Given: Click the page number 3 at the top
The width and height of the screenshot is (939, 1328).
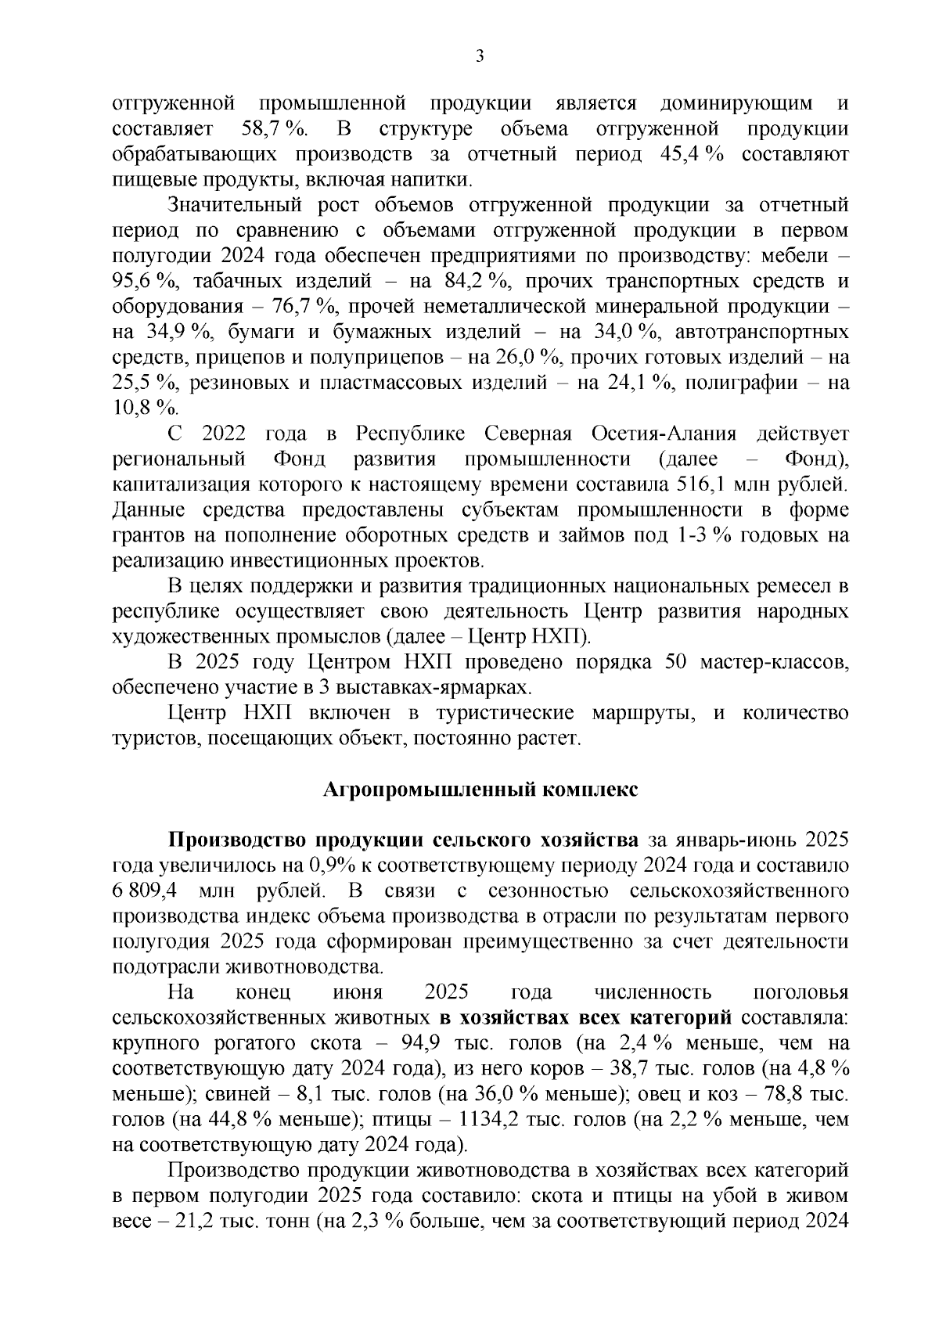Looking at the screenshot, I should click(x=480, y=56).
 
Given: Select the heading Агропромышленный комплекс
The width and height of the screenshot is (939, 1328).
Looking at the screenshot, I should click(x=480, y=790).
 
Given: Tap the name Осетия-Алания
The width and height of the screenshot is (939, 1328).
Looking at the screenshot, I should click(x=664, y=434).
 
